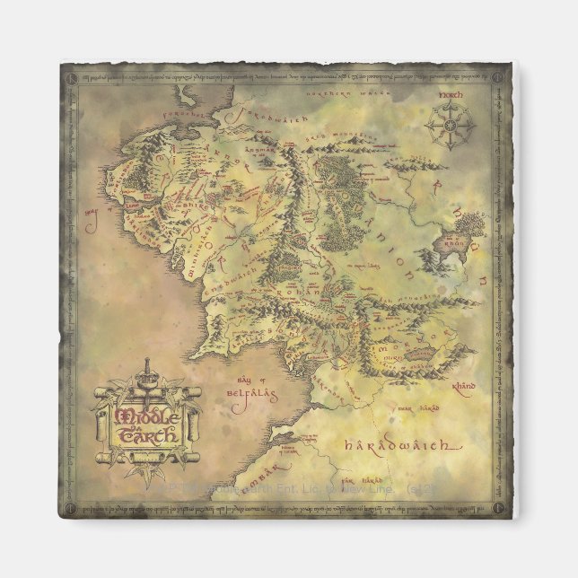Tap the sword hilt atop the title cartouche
148,371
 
